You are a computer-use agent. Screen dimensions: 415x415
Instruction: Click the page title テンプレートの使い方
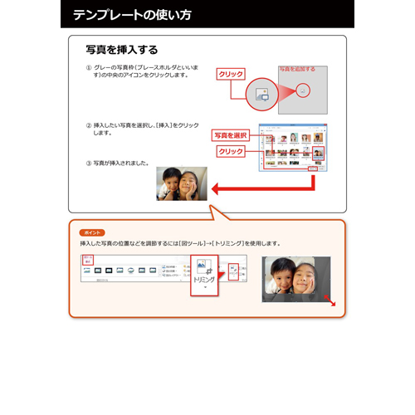(x=132, y=14)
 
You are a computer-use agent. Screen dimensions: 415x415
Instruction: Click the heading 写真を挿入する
(x=122, y=50)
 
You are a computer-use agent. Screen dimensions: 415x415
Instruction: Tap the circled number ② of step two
(x=89, y=124)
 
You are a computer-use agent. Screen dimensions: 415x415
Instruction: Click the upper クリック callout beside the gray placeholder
(x=230, y=74)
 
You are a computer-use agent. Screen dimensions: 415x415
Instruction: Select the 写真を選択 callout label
(x=230, y=135)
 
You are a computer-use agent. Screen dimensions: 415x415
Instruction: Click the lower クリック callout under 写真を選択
(x=230, y=152)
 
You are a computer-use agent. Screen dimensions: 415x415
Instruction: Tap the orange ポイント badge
(x=91, y=232)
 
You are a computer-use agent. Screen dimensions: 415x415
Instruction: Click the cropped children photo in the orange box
(x=295, y=278)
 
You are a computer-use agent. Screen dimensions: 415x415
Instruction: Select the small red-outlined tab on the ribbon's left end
(x=88, y=260)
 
